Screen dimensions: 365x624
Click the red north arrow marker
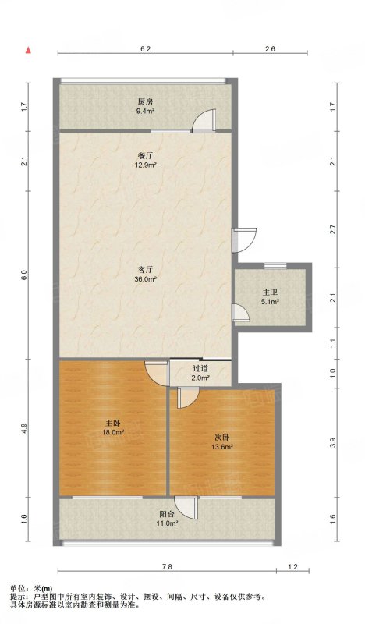(x=28, y=50)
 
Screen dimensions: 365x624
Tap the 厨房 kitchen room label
(x=145, y=101)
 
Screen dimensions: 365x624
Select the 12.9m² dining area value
(x=145, y=165)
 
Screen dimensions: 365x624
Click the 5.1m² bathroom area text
(x=270, y=302)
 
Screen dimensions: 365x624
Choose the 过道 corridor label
(x=200, y=369)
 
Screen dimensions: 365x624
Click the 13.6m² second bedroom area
(x=223, y=446)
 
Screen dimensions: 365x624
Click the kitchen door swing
(x=204, y=120)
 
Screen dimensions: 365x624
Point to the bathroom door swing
(x=241, y=313)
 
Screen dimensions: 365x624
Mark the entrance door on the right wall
(x=244, y=240)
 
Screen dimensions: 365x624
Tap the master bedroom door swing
(x=157, y=373)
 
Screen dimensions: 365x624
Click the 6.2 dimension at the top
(x=145, y=49)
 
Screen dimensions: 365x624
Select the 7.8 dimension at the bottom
(x=167, y=567)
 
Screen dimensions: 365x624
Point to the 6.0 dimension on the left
(x=24, y=275)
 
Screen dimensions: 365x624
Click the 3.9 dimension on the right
(x=333, y=442)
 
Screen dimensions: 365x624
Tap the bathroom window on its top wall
(x=275, y=265)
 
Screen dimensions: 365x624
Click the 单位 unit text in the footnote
(x=16, y=588)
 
